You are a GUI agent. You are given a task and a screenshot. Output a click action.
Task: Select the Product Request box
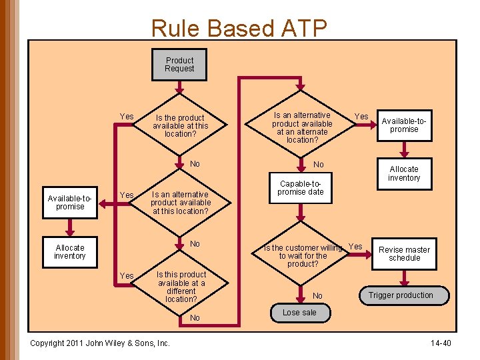[x=179, y=65]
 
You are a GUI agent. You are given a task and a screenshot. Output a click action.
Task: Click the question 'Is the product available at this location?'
[x=180, y=126]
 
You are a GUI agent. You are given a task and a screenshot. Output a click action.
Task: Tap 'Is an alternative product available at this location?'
[x=180, y=203]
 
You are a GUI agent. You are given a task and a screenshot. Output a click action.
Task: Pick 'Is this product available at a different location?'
[x=181, y=287]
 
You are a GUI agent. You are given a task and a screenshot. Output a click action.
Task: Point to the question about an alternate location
[x=302, y=127]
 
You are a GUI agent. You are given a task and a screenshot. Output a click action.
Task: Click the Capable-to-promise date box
[x=300, y=188]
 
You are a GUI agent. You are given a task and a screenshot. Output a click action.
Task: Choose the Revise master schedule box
[x=404, y=254]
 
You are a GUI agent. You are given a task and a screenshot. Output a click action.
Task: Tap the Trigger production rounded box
[x=401, y=295]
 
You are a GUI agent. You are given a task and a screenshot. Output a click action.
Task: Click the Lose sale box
[x=299, y=313]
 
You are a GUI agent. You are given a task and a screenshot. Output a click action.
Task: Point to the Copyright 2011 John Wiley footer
[x=100, y=343]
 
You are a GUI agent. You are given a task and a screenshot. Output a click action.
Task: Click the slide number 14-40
[x=441, y=343]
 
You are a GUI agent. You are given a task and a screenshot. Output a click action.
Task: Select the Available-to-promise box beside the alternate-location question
[x=404, y=125]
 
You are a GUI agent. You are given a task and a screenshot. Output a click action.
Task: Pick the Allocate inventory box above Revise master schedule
[x=404, y=173]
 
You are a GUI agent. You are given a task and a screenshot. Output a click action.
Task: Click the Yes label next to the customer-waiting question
[x=356, y=247]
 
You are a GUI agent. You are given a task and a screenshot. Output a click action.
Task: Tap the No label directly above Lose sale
[x=317, y=296]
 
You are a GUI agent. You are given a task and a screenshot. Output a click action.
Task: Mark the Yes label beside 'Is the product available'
[x=126, y=117]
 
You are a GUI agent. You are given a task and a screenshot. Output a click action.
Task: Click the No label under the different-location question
[x=195, y=318]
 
